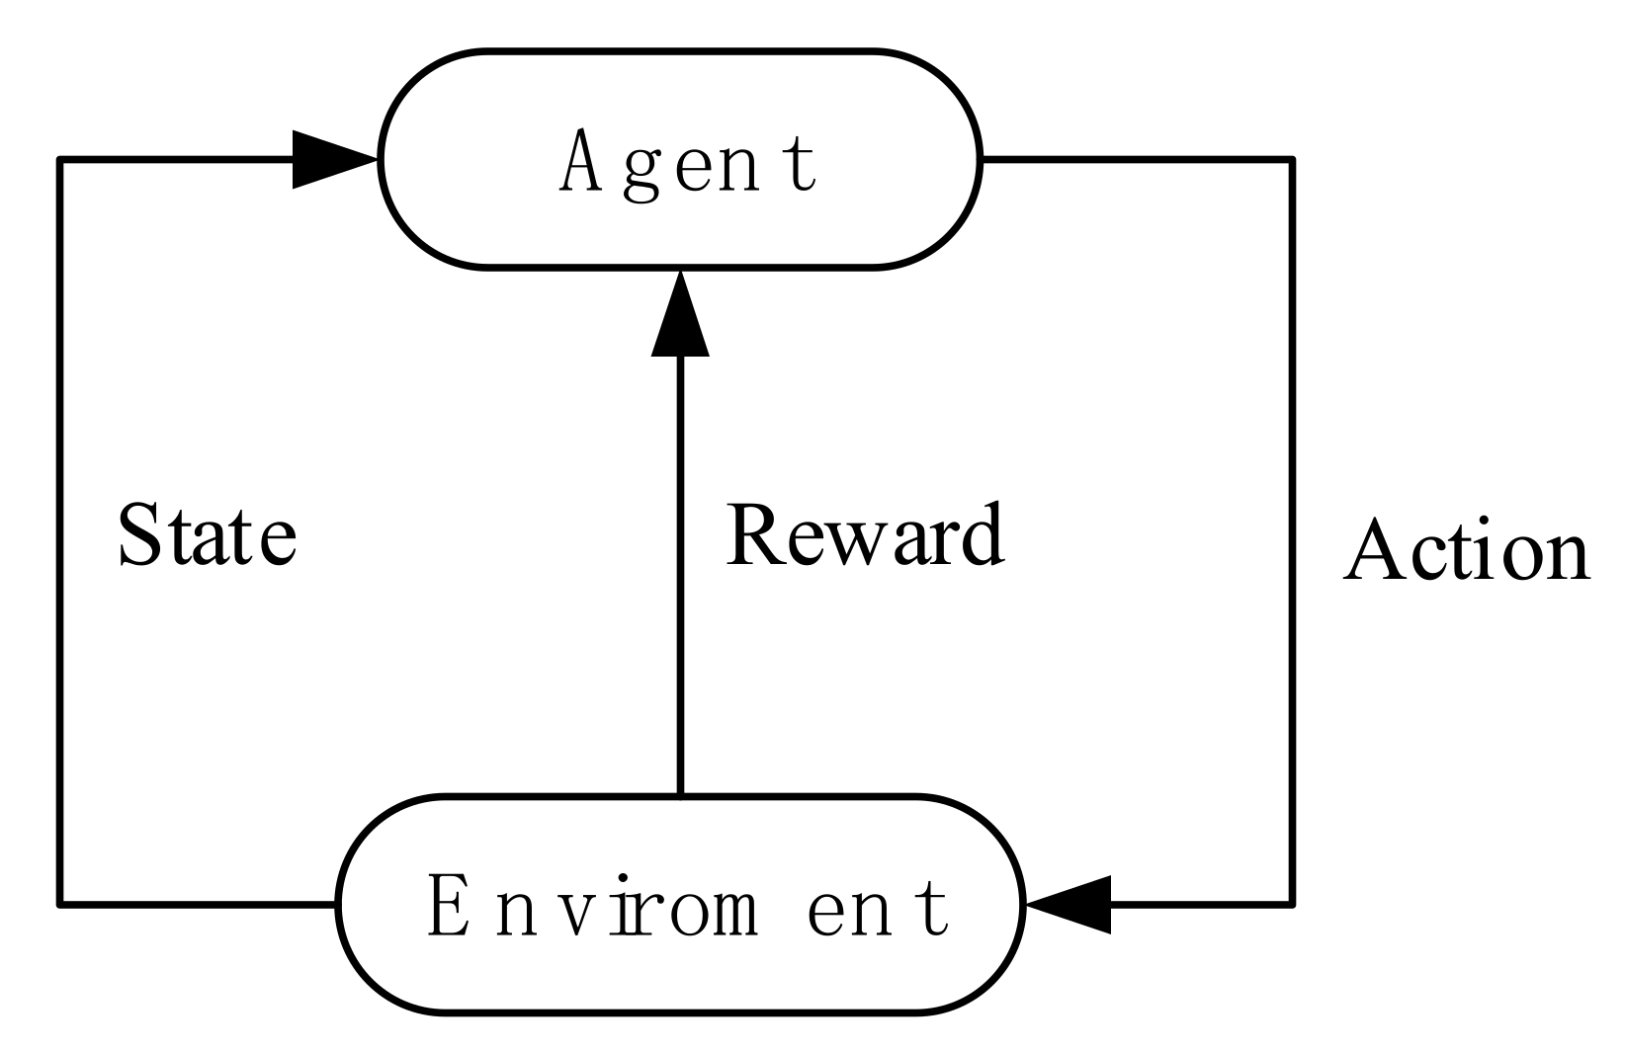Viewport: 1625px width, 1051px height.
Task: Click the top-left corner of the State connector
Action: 61,159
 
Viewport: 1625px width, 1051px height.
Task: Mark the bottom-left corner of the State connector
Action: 61,903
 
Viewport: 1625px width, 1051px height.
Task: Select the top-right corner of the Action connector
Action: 1292,159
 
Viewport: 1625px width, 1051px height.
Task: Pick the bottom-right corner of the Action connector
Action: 1292,903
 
